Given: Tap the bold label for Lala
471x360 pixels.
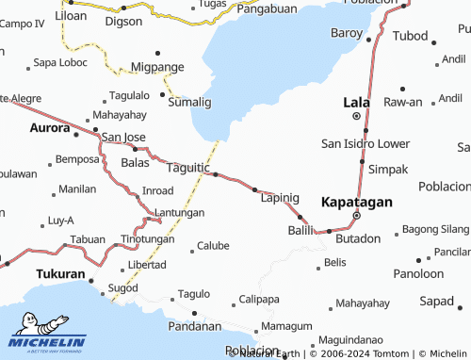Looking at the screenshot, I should click(x=356, y=100).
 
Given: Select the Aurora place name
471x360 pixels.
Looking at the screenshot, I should click(x=50, y=127).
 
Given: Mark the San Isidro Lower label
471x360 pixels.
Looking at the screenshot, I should click(x=365, y=144).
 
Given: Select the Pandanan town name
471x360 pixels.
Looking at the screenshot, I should click(x=195, y=326).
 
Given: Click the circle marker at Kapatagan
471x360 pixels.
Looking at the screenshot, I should click(x=356, y=215).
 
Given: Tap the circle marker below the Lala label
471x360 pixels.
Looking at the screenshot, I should click(x=356, y=116).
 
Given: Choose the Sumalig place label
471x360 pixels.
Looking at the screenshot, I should click(x=189, y=101).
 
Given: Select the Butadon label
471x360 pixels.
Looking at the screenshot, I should click(x=358, y=238).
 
